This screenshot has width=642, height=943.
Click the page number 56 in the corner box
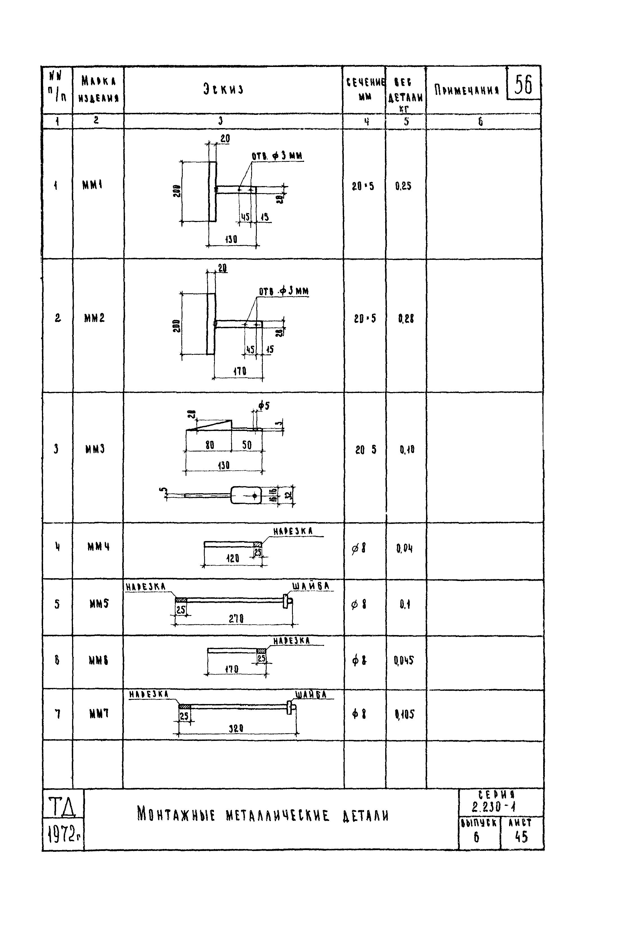click(x=523, y=85)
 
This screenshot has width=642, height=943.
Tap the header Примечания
click(x=466, y=90)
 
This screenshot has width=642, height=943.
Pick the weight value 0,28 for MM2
click(x=406, y=319)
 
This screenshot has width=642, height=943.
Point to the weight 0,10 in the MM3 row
click(x=407, y=450)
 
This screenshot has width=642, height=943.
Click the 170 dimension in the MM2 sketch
click(x=239, y=371)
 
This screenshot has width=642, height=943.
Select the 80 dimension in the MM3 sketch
click(x=209, y=445)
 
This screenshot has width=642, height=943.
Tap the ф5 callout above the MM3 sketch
click(x=264, y=405)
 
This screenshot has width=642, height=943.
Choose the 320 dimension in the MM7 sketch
click(x=236, y=728)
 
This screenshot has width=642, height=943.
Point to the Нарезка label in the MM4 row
click(x=293, y=531)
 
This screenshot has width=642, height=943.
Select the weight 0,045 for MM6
click(x=404, y=661)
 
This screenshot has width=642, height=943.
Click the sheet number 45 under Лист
click(x=521, y=837)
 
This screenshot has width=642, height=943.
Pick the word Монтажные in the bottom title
click(x=176, y=815)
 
